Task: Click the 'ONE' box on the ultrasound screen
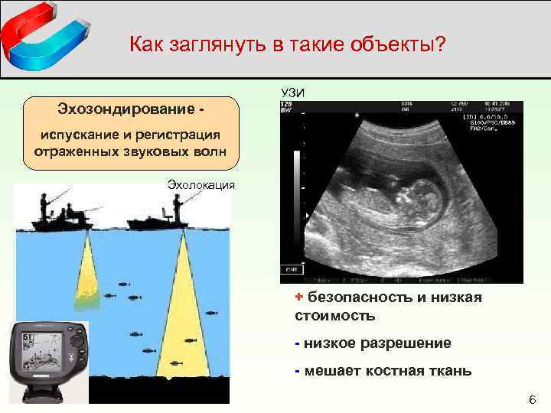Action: coord(291,271)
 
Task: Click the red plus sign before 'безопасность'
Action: coord(299,297)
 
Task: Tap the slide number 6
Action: coord(533,400)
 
